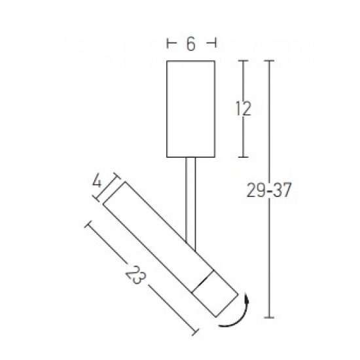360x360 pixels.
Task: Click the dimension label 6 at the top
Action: [x=191, y=44]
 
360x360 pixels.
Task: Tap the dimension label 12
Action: [x=243, y=109]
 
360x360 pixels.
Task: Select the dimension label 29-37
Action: [x=269, y=190]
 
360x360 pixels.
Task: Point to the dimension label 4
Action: [x=97, y=182]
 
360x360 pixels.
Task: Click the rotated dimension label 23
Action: [x=135, y=275]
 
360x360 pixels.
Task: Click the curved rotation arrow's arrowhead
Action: [x=247, y=298]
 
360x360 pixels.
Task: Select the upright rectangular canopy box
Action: [x=190, y=109]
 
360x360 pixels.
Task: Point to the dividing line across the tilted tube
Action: [x=202, y=281]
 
